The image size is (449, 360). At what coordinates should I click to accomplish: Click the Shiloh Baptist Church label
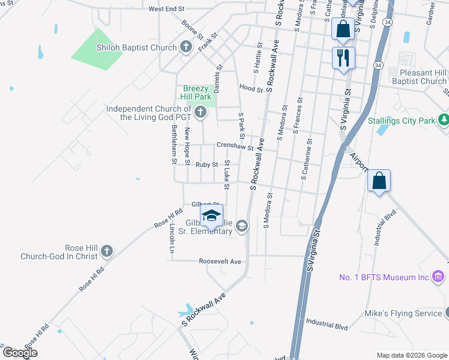(x=138, y=47)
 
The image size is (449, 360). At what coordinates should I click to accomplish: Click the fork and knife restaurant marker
(x=343, y=58)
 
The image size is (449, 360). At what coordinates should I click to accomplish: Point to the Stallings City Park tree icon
(x=444, y=120)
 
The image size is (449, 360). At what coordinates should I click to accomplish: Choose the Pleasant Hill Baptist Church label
(x=423, y=77)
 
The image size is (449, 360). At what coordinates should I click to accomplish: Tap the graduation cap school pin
(x=211, y=215)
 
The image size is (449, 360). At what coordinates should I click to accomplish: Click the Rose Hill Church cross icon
(x=107, y=251)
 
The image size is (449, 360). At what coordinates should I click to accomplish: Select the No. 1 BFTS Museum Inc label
(x=384, y=277)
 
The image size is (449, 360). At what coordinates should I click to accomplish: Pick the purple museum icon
(x=438, y=277)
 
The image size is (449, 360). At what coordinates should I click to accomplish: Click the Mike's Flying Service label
(x=404, y=314)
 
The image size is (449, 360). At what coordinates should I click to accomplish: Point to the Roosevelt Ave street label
(x=220, y=262)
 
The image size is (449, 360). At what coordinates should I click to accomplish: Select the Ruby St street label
(x=206, y=164)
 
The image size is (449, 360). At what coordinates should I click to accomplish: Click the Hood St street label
(x=251, y=88)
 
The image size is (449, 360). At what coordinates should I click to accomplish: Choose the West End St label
(x=166, y=9)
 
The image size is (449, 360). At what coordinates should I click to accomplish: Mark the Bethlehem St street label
(x=173, y=145)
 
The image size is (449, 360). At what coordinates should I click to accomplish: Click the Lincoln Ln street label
(x=172, y=239)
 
